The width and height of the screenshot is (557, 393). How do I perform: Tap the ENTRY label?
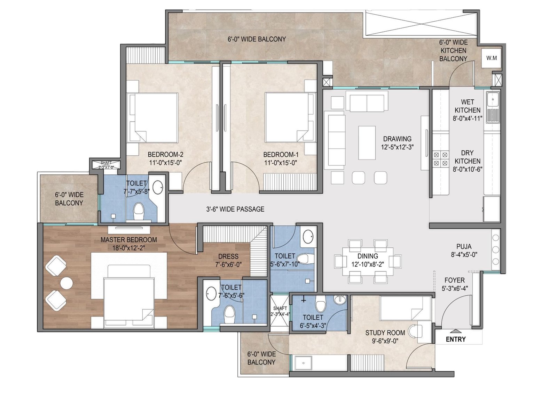click(456, 339)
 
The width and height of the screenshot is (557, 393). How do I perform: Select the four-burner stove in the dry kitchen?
click(440, 159)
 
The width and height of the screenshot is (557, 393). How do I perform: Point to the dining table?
click(368, 261)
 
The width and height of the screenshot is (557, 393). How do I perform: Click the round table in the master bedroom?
click(66, 283)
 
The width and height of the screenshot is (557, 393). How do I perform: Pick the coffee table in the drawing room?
click(367, 142)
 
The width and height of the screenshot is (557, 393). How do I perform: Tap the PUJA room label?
click(464, 246)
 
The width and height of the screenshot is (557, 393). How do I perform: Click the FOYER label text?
click(455, 280)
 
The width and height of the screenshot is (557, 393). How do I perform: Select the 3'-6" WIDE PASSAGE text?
click(235, 209)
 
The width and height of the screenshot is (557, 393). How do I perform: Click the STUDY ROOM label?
click(385, 333)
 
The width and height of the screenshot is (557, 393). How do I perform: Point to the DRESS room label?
click(228, 256)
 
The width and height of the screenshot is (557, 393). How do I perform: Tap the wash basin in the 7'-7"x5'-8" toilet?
click(158, 187)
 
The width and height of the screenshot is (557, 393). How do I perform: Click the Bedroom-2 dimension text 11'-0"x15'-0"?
click(166, 163)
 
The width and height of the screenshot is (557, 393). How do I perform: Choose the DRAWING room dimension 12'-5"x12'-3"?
click(397, 147)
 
